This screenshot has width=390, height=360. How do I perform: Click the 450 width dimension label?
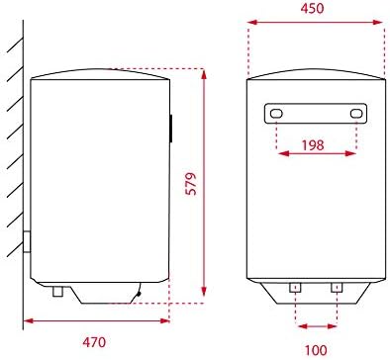tap(312, 8)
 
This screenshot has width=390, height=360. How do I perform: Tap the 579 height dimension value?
tap(191, 184)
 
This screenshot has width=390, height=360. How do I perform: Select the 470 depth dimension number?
tap(94, 342)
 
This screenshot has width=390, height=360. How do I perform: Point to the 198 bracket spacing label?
tap(313, 144)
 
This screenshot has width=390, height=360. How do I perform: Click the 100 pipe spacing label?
tap(316, 350)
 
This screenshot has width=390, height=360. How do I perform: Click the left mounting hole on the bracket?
tap(276, 114)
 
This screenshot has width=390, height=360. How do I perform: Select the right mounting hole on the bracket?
tap(356, 114)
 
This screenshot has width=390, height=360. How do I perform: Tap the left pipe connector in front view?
tap(295, 288)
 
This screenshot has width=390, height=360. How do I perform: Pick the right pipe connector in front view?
tap(337, 288)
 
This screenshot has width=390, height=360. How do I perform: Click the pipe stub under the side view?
tap(58, 292)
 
